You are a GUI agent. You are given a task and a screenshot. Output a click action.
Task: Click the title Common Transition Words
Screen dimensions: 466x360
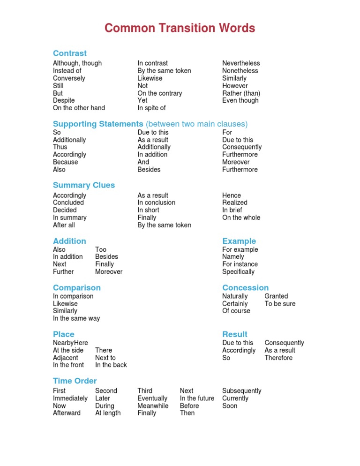(180, 28)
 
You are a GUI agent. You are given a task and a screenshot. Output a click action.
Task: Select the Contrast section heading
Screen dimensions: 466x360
(70, 53)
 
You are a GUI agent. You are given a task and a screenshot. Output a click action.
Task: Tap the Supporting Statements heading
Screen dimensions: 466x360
(98, 124)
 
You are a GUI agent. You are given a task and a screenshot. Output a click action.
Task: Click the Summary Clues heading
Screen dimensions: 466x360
(84, 185)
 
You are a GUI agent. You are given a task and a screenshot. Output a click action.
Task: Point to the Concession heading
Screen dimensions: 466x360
(246, 287)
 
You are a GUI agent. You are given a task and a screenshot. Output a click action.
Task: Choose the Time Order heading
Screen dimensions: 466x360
(75, 381)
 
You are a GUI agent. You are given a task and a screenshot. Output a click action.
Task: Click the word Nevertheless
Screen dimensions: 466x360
(241, 63)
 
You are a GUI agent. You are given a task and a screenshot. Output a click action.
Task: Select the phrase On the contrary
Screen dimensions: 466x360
(160, 93)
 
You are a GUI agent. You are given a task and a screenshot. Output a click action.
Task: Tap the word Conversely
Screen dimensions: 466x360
(69, 78)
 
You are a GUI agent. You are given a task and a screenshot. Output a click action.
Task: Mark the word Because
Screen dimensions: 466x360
(66, 162)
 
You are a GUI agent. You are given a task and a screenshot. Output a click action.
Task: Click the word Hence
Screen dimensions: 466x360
(232, 195)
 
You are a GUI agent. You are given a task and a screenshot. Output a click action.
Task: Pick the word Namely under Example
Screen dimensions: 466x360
(233, 257)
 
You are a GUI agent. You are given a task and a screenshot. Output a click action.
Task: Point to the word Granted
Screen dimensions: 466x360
(277, 296)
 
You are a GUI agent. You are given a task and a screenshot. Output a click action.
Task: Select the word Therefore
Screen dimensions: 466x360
(278, 358)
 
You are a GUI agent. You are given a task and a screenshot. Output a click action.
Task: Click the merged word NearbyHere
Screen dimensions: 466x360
(71, 343)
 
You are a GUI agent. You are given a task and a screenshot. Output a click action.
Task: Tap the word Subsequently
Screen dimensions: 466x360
(242, 391)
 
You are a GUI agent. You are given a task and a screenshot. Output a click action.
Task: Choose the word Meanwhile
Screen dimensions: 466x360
(153, 406)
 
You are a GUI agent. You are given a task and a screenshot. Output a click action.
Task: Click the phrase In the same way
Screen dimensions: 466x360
(76, 318)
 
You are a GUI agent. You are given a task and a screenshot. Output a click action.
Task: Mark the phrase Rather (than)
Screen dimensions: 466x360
(241, 93)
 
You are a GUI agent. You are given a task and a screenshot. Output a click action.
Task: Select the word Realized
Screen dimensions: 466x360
(235, 203)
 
